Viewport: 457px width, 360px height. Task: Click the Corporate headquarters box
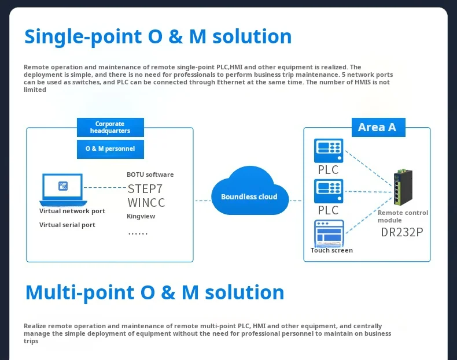(x=110, y=127)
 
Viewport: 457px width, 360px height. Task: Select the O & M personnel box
(x=110, y=149)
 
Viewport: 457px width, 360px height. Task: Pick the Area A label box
(x=378, y=127)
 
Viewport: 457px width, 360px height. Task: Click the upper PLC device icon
(x=329, y=150)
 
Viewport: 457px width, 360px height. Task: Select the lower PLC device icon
(x=329, y=191)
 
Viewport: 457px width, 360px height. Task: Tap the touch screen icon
(x=329, y=233)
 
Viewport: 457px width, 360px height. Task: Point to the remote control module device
(x=403, y=187)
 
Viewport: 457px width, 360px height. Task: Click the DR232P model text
(x=402, y=232)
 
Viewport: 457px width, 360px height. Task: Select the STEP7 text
(x=145, y=189)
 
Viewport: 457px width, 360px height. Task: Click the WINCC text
(x=146, y=203)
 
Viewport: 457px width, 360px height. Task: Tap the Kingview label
(x=141, y=216)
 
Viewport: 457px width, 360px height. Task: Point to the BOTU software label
(x=150, y=175)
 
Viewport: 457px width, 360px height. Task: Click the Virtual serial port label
(x=67, y=225)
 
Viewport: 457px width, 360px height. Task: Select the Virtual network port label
(x=72, y=211)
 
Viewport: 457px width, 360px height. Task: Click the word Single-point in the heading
(x=83, y=37)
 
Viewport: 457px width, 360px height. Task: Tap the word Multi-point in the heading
(x=80, y=293)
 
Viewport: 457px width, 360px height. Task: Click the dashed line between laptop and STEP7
(x=105, y=187)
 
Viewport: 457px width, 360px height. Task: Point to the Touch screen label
(x=331, y=250)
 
